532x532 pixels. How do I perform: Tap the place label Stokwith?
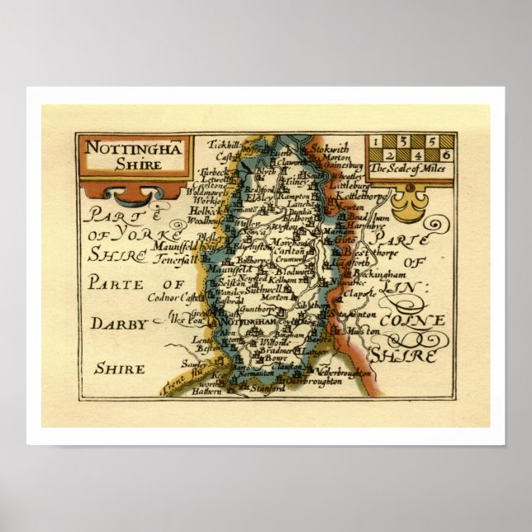pyautogui.click(x=328, y=148)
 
